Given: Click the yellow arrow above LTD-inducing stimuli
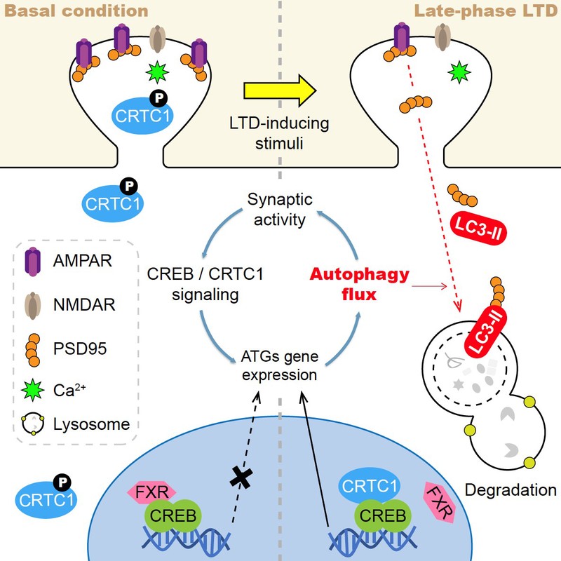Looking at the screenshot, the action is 280,91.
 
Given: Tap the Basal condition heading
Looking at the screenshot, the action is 76,11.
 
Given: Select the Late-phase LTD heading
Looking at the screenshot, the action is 485,11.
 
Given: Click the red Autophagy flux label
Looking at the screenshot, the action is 359,284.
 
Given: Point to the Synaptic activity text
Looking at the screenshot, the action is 280,209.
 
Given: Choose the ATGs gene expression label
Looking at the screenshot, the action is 280,365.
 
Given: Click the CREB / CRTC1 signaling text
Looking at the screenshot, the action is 205,284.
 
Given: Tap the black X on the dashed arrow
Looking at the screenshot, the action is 241,477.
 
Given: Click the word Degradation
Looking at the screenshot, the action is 511,489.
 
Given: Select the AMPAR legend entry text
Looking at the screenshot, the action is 82,260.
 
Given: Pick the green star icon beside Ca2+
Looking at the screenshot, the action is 32,390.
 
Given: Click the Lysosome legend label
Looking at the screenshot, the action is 91,424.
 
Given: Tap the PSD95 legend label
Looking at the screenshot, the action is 80,348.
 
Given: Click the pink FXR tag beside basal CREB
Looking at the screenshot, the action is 151,492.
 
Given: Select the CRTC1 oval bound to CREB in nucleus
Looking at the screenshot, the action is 370,486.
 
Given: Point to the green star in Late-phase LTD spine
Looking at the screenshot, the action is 459,72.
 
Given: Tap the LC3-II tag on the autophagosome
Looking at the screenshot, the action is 486,331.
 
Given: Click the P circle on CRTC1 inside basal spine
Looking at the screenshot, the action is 158,98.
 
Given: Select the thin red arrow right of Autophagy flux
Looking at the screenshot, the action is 429,286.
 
